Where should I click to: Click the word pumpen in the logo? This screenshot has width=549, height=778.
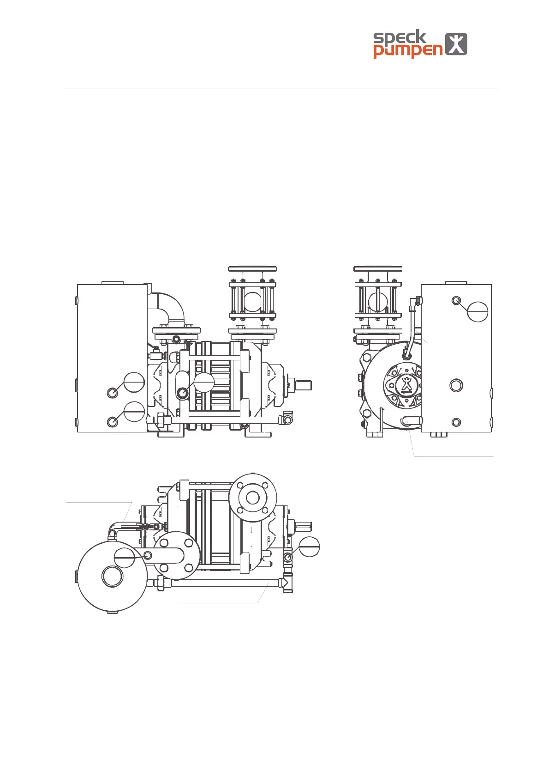point(408,51)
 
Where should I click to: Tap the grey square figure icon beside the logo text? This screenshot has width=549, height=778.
point(456,44)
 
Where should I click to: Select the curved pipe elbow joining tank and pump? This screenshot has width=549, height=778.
point(168,308)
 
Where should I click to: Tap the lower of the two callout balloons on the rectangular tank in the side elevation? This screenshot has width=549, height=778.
point(134,412)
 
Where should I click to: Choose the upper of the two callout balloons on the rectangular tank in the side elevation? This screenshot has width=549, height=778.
point(134,383)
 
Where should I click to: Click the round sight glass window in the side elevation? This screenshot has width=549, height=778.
point(252,302)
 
